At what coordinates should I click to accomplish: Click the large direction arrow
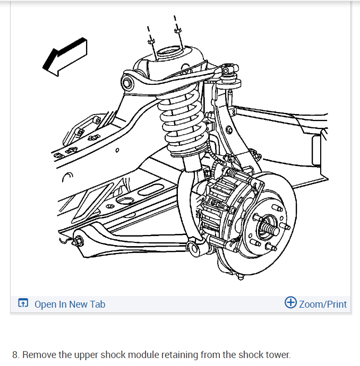(63, 56)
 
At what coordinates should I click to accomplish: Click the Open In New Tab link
(70, 304)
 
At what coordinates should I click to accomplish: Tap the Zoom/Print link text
(323, 304)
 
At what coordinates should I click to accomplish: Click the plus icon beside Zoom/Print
(290, 303)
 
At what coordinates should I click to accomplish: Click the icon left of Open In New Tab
(23, 304)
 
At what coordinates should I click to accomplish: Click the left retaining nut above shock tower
(150, 41)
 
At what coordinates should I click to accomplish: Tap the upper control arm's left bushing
(127, 82)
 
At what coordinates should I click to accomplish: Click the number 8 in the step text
(15, 355)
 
